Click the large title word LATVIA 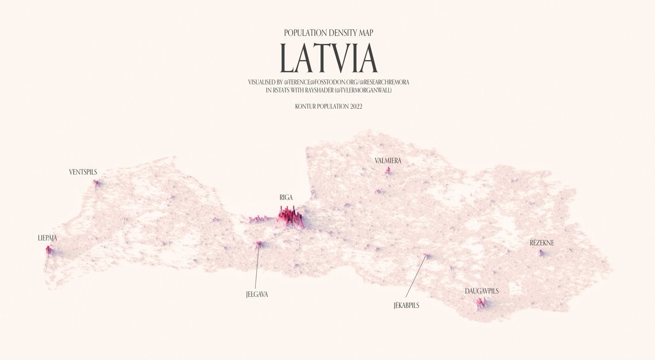327,58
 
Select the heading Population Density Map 327,33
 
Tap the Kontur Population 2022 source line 327,107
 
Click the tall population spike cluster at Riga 289,218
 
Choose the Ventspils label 83,172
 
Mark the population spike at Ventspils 97,184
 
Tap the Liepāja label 47,238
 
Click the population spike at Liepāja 49,251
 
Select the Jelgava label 257,294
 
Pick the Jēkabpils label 406,305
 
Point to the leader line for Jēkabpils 416,278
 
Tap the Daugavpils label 481,291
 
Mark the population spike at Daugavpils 481,303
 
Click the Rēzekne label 541,243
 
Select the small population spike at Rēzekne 541,253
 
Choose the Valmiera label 388,161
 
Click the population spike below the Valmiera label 388,171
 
